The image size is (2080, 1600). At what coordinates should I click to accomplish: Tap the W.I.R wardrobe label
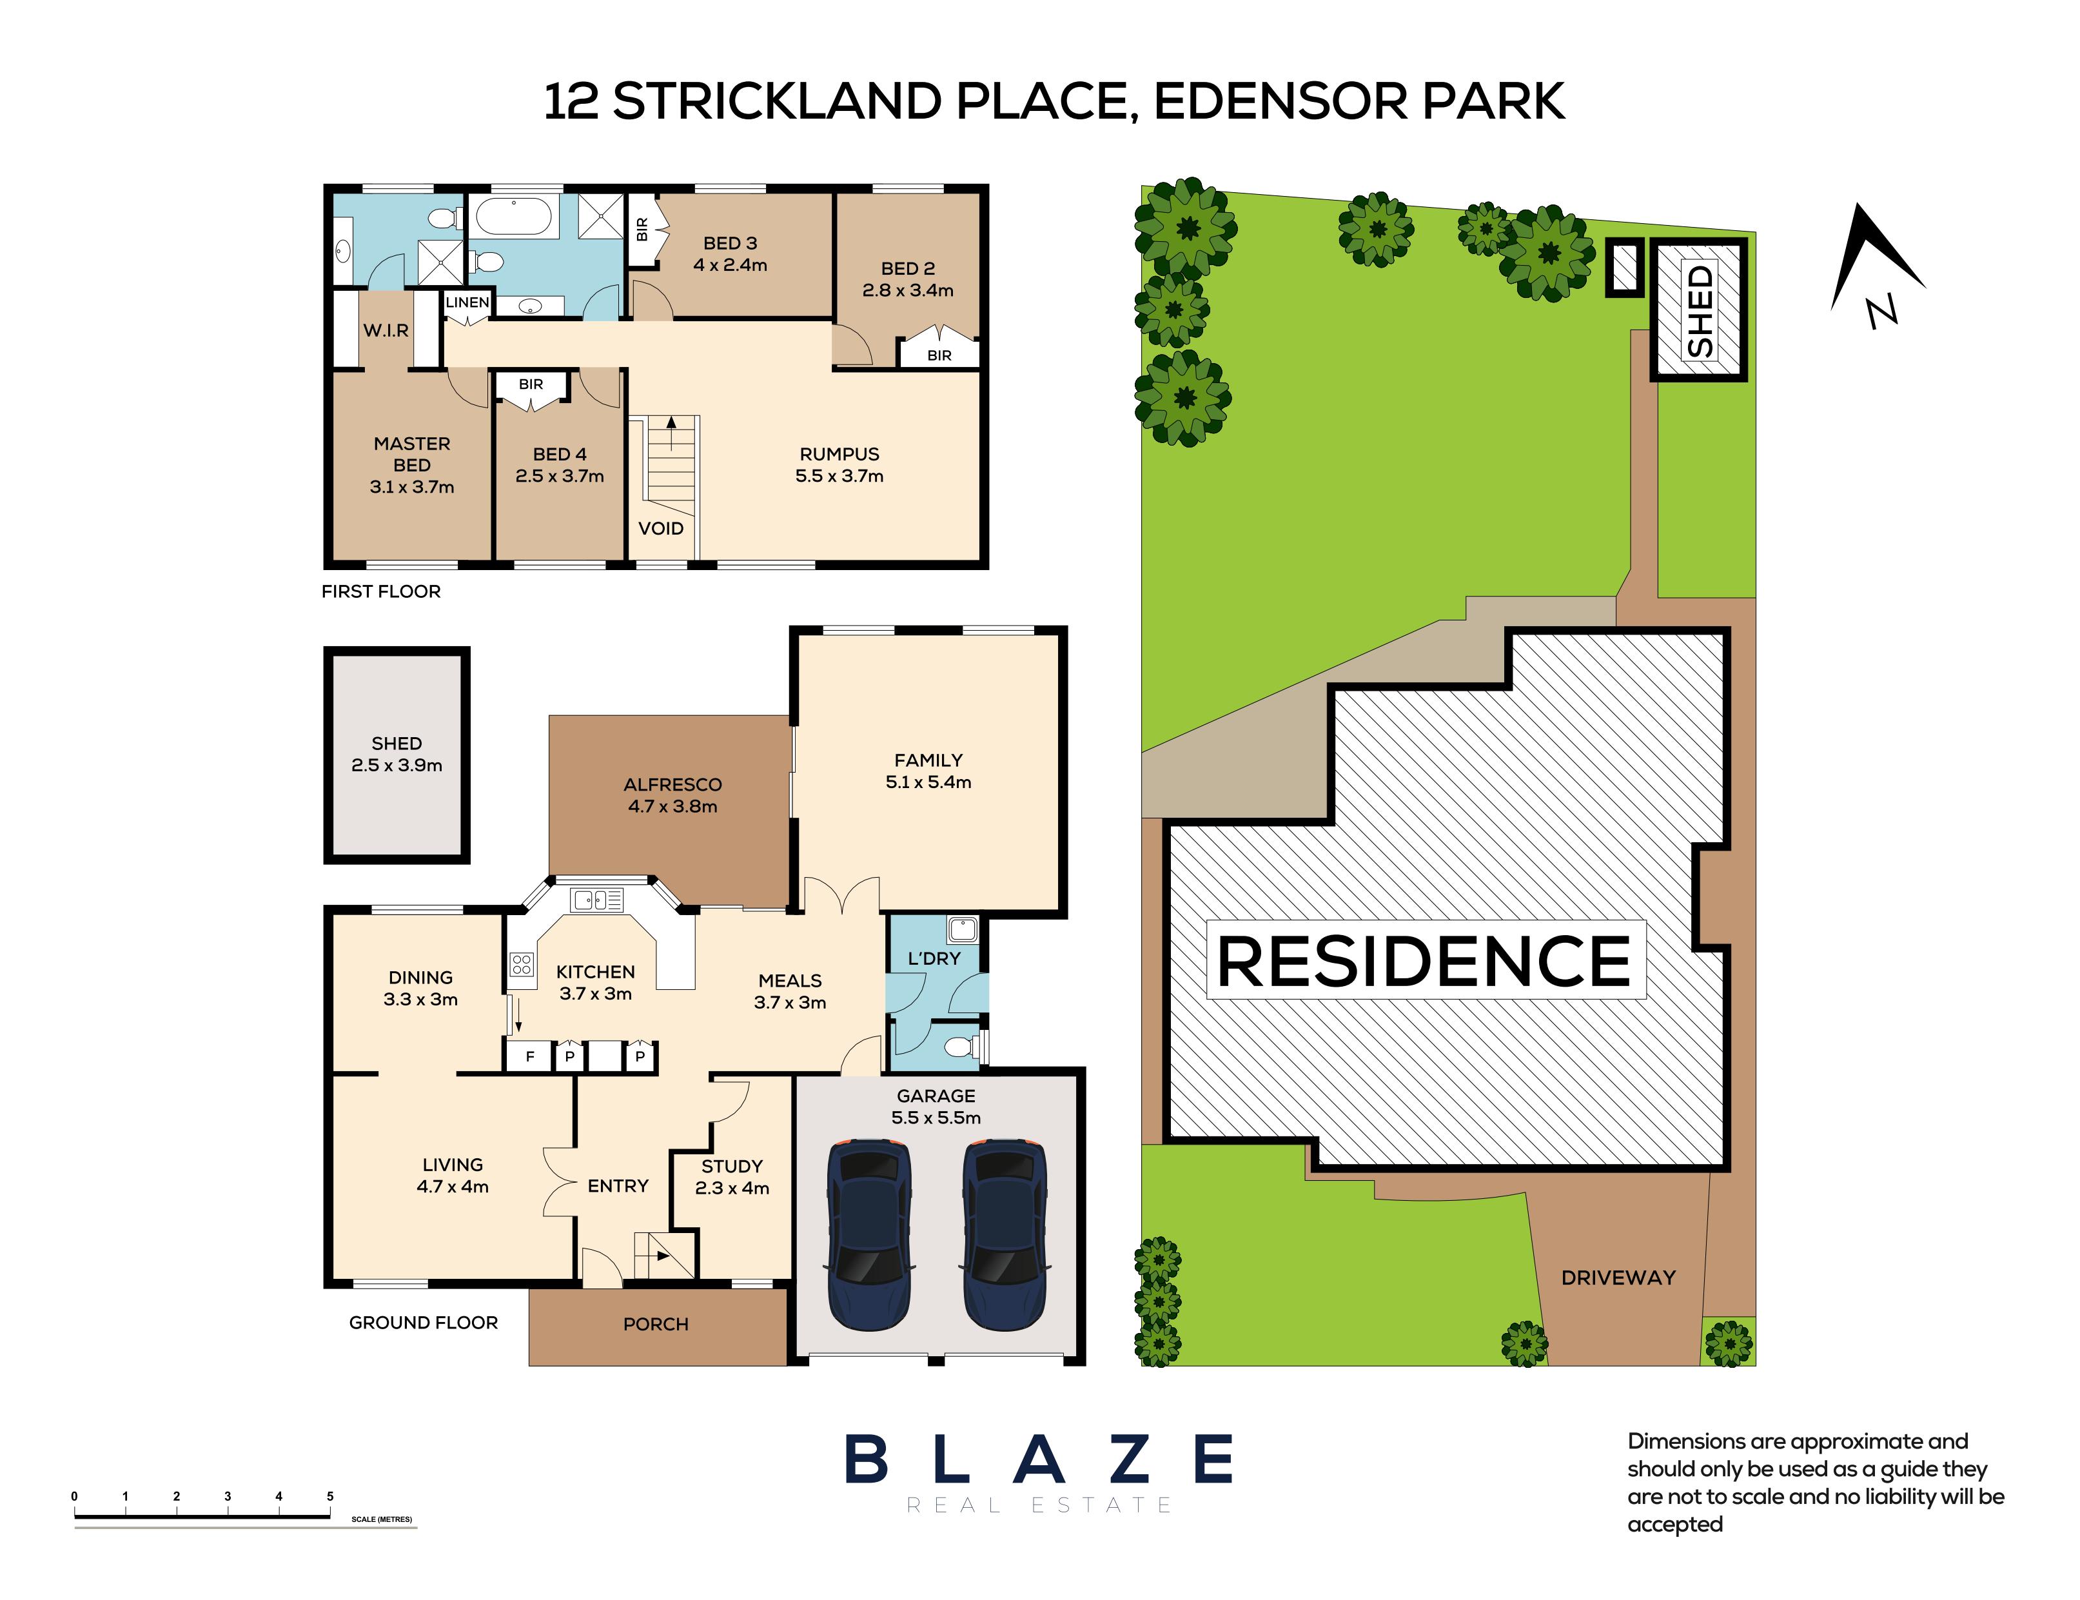[x=386, y=330]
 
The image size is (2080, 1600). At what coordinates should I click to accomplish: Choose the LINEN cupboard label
[x=467, y=302]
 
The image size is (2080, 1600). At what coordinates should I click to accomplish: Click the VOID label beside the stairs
[x=661, y=529]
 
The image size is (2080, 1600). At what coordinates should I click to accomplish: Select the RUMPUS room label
[x=839, y=454]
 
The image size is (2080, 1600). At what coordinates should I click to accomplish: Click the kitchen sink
[x=597, y=899]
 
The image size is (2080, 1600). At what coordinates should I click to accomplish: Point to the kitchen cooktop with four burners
[x=521, y=965]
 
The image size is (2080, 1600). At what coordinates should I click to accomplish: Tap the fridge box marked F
[x=530, y=1056]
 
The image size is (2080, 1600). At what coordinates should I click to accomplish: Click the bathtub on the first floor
[x=513, y=216]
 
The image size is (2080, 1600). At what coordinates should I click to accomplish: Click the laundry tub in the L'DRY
[x=961, y=929]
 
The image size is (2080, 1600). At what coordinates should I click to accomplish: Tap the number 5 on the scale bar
[x=330, y=1496]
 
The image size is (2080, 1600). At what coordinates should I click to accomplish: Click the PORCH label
[x=656, y=1324]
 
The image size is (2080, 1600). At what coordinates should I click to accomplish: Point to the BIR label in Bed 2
[x=939, y=355]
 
